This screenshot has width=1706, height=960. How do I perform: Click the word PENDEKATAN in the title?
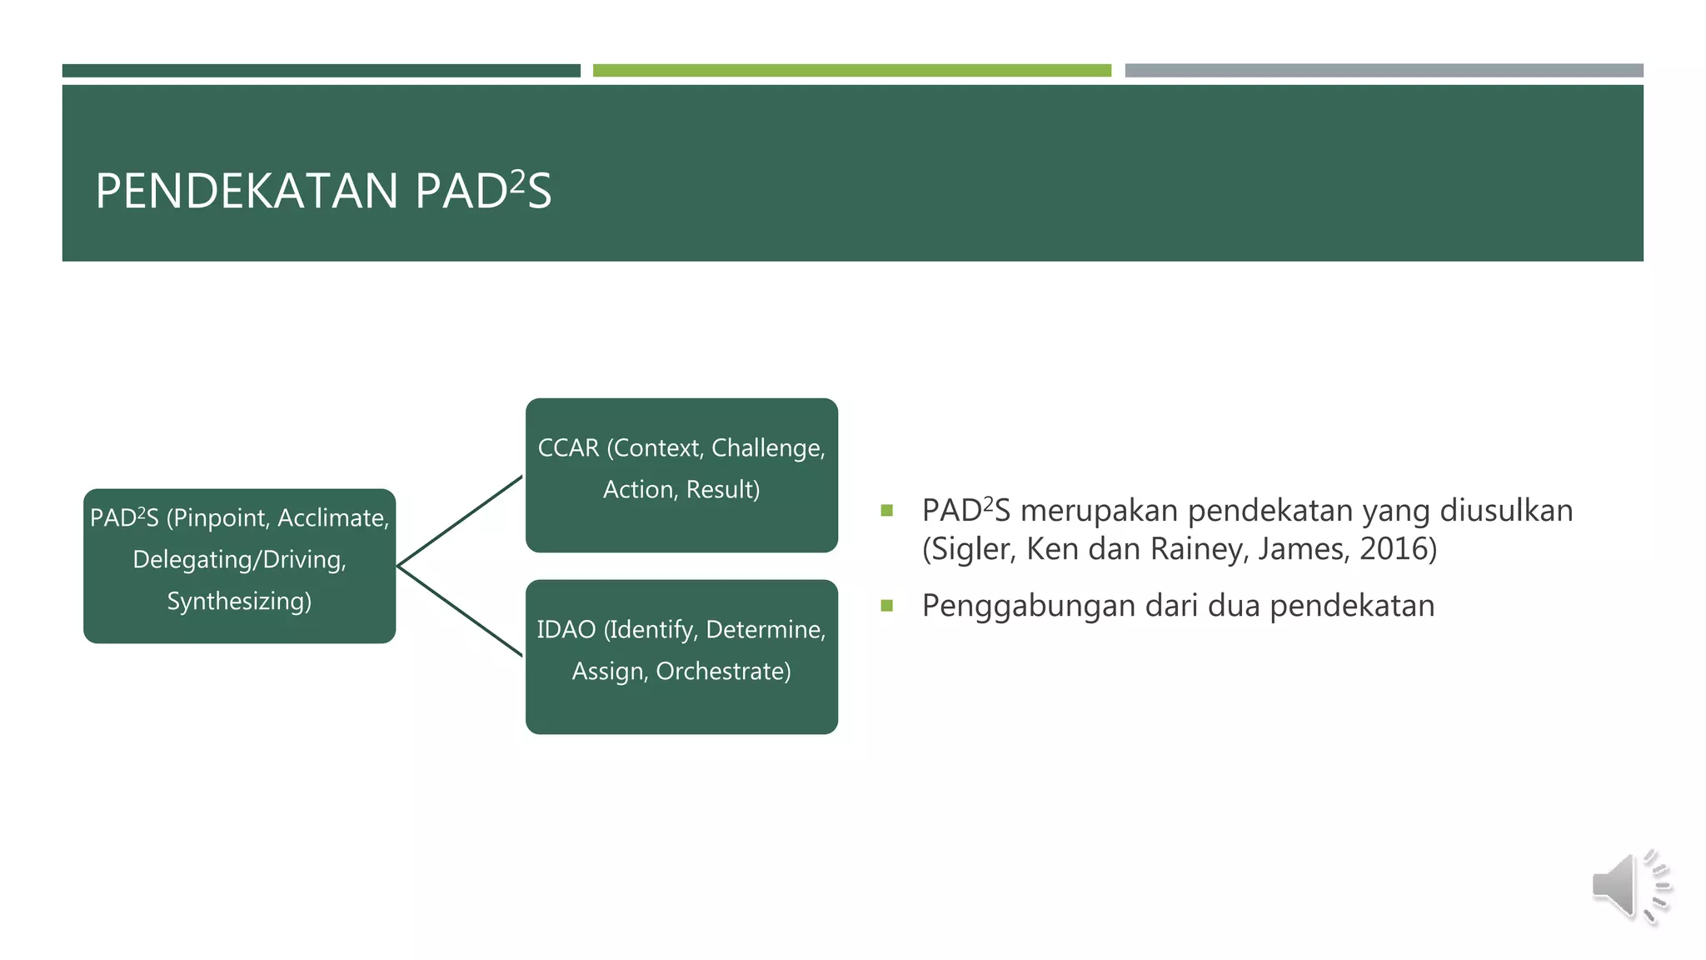click(x=247, y=191)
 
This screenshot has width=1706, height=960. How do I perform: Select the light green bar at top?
click(x=851, y=71)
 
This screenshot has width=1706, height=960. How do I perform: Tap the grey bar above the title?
click(x=1384, y=71)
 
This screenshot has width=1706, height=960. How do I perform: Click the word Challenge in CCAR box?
click(x=766, y=448)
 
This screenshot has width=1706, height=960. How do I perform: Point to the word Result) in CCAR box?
click(x=722, y=489)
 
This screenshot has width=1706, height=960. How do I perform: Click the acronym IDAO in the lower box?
click(x=566, y=629)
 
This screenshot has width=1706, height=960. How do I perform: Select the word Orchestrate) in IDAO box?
click(x=723, y=671)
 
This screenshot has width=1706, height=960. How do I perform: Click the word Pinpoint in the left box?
click(x=220, y=518)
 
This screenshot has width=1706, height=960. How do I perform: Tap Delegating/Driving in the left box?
click(x=239, y=559)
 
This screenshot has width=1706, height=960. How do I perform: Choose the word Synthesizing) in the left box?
click(x=239, y=601)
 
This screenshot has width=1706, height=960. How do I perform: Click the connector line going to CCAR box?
click(x=461, y=521)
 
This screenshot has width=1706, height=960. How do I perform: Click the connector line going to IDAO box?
click(x=461, y=612)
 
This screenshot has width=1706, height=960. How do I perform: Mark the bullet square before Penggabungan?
click(x=886, y=606)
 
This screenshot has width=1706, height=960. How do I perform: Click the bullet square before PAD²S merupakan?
click(x=886, y=510)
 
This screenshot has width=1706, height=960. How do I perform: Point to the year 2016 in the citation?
click(x=1393, y=549)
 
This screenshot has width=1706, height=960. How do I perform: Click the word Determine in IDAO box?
click(x=765, y=629)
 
